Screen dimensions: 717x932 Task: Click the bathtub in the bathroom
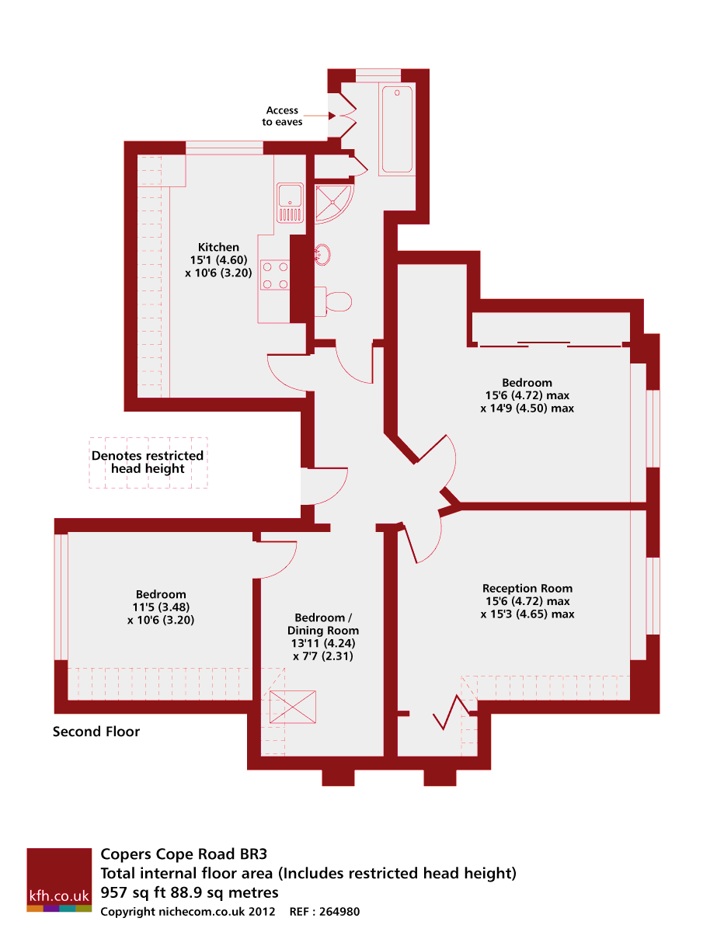pos(397,129)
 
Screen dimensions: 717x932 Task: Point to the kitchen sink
pos(290,203)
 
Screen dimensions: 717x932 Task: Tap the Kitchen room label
pos(218,247)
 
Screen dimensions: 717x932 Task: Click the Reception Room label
pos(527,588)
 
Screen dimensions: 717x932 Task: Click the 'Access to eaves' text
pos(282,116)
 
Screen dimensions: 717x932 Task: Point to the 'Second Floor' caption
pos(96,732)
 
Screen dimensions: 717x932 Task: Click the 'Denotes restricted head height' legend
pos(148,462)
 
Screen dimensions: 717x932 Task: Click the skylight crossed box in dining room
pos(293,706)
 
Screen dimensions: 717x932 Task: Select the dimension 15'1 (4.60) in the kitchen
pos(218,260)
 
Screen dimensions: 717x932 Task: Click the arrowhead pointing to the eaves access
pos(331,116)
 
